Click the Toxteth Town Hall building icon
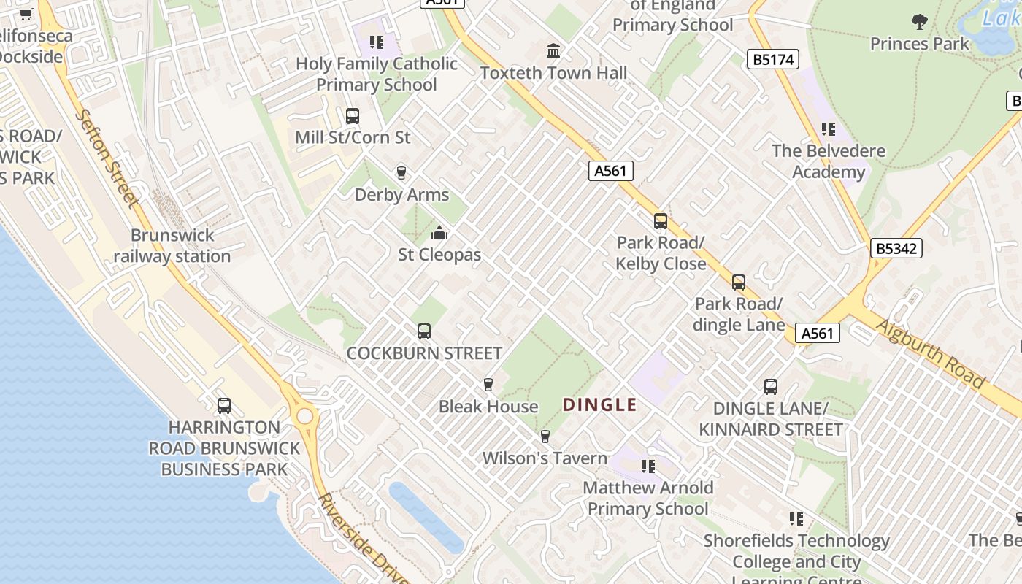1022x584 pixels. pyautogui.click(x=553, y=51)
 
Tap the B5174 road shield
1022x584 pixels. pyautogui.click(x=772, y=59)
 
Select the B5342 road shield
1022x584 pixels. pyautogui.click(x=896, y=248)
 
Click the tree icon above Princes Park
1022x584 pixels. pyautogui.click(x=920, y=22)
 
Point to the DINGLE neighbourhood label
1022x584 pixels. pyautogui.click(x=600, y=405)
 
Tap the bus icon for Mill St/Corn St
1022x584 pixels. pyautogui.click(x=353, y=115)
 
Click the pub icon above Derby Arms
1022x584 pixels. pyautogui.click(x=401, y=173)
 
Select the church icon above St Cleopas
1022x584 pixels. pyautogui.click(x=439, y=234)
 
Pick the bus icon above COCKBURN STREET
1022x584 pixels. pyautogui.click(x=424, y=331)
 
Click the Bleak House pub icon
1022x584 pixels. pyautogui.click(x=488, y=385)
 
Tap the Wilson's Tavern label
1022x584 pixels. pyautogui.click(x=545, y=458)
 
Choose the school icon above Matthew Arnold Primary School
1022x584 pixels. pyautogui.click(x=648, y=466)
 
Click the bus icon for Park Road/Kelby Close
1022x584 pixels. pyautogui.click(x=661, y=220)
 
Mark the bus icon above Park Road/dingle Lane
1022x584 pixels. pyautogui.click(x=739, y=283)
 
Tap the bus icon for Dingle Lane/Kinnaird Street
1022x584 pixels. pyautogui.click(x=771, y=387)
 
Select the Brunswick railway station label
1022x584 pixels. pyautogui.click(x=172, y=246)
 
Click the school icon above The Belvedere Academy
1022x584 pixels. pyautogui.click(x=829, y=129)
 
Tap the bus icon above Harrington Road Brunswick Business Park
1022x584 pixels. pyautogui.click(x=224, y=406)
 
